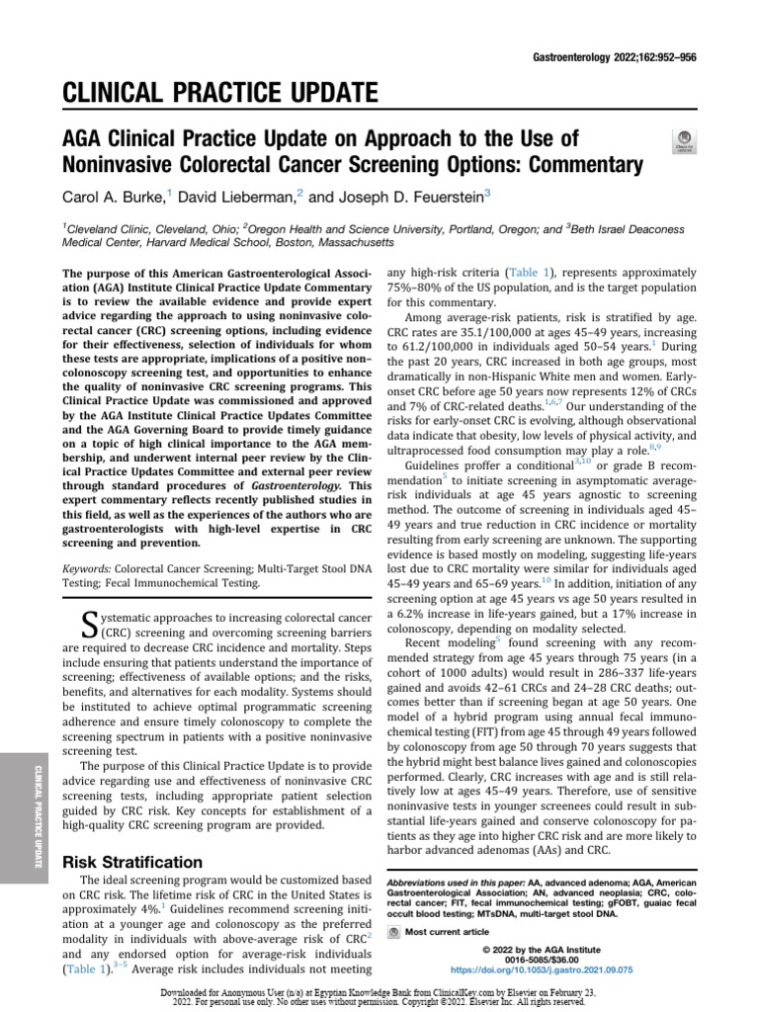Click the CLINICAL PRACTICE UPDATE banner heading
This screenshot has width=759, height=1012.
click(x=220, y=95)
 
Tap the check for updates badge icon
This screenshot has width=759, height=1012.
click(x=682, y=140)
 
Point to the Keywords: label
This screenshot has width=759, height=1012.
click(x=86, y=569)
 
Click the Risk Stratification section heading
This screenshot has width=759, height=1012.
click(x=132, y=862)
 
